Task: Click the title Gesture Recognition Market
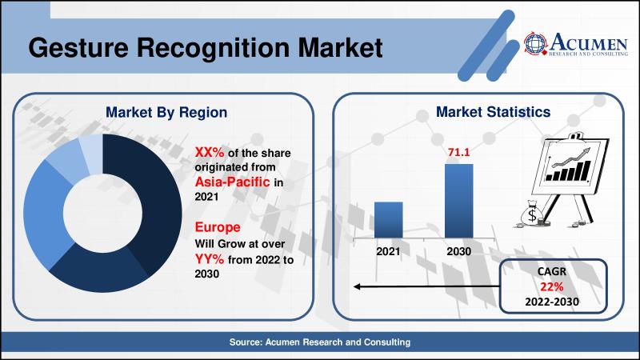[204, 47]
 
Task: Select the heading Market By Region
[166, 112]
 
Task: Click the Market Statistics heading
[481, 112]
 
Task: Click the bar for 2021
[388, 219]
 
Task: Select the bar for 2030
[458, 200]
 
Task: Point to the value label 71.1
[459, 152]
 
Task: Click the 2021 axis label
[388, 250]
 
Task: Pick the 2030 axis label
[459, 250]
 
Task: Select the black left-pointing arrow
[424, 286]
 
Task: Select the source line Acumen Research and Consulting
[319, 342]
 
